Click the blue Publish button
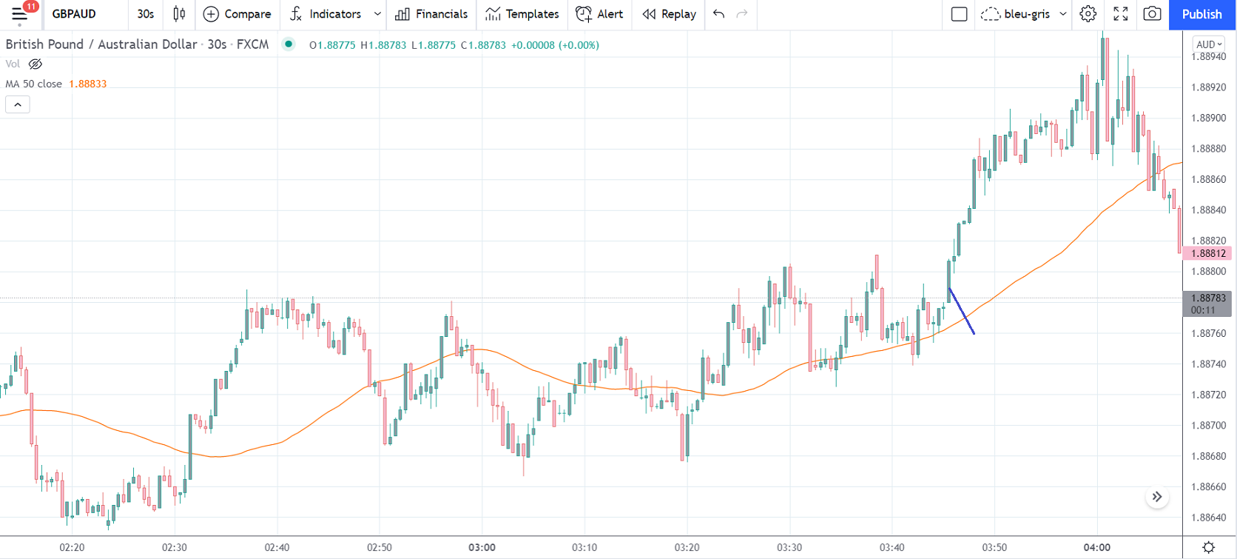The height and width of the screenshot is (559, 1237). pos(1201,14)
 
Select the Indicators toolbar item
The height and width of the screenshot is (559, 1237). pos(326,14)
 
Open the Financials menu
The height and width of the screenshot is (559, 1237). pos(432,14)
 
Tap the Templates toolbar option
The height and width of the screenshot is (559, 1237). pos(522,14)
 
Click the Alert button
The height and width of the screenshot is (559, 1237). pos(600,14)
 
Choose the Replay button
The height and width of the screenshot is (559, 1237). pos(670,14)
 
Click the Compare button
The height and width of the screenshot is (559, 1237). pos(237,14)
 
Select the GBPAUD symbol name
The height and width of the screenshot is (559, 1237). pos(74,14)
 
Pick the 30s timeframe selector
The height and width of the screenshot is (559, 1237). pos(146,14)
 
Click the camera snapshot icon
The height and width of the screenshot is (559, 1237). pos(1152,14)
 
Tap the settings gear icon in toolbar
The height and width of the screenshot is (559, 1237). pos(1088,14)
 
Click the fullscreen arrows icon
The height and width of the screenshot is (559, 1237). pos(1121,14)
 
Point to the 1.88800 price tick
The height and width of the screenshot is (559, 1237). pos(1208,272)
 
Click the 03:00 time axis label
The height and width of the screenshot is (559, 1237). pos(482,548)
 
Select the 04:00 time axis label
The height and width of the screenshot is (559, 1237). pos(1096,548)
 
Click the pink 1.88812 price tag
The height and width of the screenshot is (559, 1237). pos(1207,253)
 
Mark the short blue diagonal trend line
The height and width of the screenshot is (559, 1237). pos(962,311)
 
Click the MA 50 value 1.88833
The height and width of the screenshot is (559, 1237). pos(88,84)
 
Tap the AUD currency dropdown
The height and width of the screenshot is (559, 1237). pos(1209,44)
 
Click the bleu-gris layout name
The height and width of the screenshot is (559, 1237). pos(1027,14)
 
